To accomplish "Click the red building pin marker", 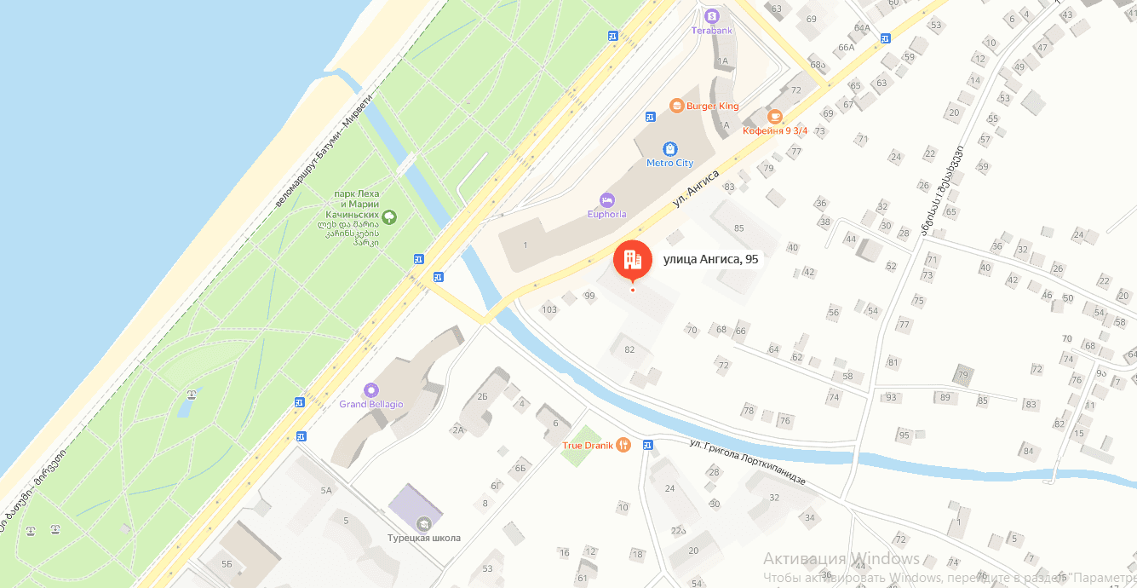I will point(632,259).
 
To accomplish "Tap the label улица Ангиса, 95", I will point(710,259).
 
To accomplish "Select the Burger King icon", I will point(676,106).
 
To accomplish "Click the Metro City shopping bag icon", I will point(670,148).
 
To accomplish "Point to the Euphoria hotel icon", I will point(606,200).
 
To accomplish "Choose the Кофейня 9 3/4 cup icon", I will point(774,117).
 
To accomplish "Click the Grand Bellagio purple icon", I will point(370,389).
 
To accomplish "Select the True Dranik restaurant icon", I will point(623,444).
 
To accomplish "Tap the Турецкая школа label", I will point(423,538).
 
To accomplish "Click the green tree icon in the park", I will point(389,217).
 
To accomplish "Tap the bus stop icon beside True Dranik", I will point(648,444).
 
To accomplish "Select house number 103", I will point(548,309).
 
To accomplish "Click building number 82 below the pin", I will point(629,349).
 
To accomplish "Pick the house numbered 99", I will point(589,296).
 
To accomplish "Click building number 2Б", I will point(482,396).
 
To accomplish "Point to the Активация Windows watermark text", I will point(841,559).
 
